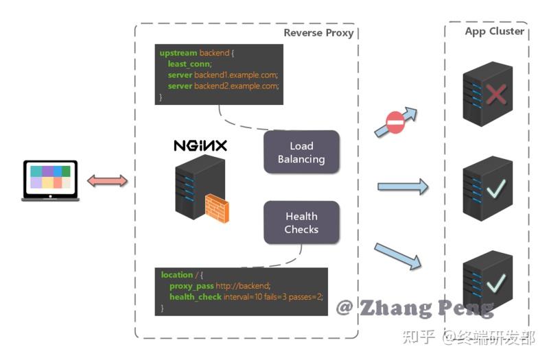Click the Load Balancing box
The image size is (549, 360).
(301, 152)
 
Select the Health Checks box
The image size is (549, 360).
(301, 223)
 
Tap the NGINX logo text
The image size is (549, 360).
(200, 146)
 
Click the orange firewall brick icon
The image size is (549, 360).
(217, 208)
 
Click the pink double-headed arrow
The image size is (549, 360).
(108, 181)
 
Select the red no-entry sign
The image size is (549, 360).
(395, 123)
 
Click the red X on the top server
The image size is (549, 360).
(495, 95)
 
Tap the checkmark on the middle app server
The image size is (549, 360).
(495, 187)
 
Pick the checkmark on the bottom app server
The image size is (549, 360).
(495, 281)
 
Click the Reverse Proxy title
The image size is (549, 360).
(318, 33)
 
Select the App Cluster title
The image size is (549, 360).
(494, 32)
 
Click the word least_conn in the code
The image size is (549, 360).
(189, 64)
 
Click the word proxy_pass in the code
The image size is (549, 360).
(191, 286)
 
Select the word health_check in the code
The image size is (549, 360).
(196, 297)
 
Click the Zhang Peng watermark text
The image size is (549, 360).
(414, 308)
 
